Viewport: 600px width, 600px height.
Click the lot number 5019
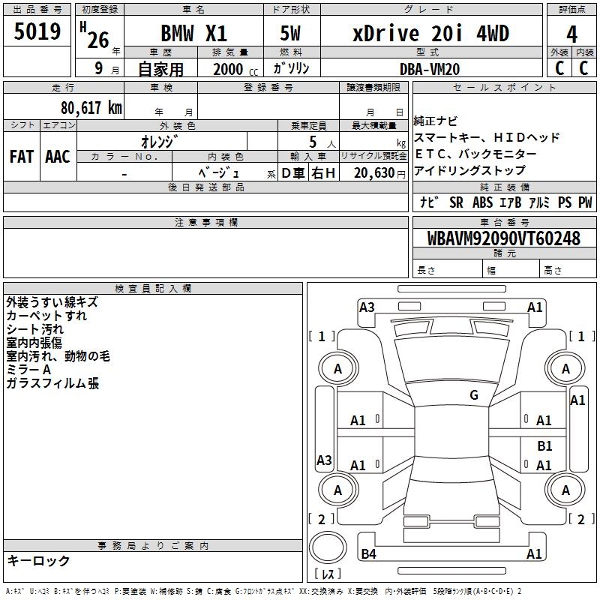37,31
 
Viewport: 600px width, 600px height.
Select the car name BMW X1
193,34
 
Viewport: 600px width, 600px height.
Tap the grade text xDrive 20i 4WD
430,34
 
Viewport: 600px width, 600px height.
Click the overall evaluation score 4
571,34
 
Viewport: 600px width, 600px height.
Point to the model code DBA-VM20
430,69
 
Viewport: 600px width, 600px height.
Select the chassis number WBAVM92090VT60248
504,239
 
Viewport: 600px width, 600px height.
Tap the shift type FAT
22,157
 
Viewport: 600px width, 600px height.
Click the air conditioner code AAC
58,157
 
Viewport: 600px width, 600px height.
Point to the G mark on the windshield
474,395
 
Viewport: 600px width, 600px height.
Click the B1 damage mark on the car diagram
544,445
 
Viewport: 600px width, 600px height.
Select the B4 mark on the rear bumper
368,554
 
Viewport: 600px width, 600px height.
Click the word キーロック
38,561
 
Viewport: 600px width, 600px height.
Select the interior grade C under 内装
583,67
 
